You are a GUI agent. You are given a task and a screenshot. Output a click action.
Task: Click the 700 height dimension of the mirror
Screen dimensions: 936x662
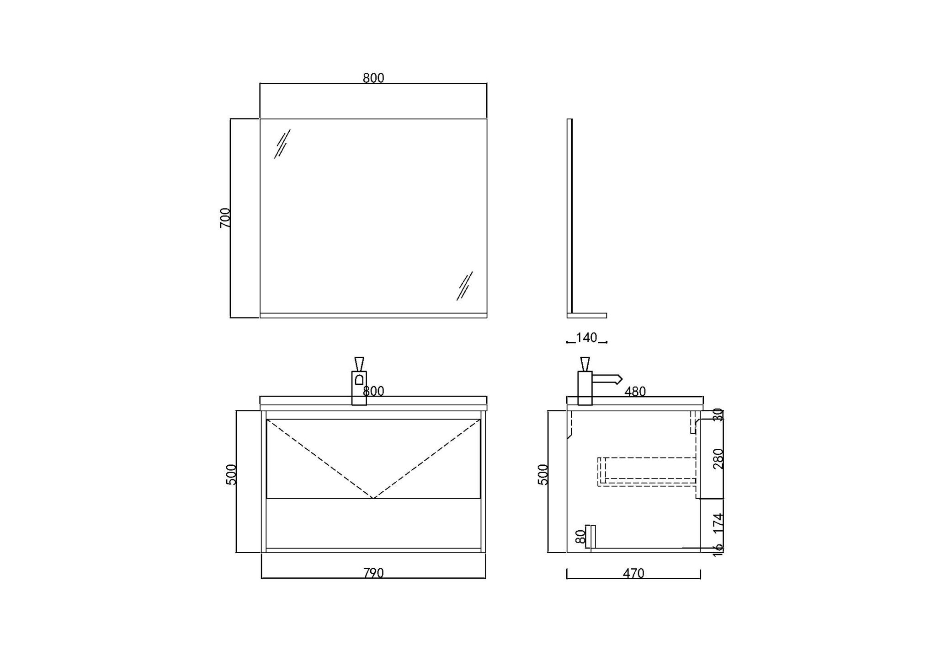[225, 218]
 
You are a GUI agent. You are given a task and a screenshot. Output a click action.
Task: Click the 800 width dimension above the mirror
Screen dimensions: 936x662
[373, 78]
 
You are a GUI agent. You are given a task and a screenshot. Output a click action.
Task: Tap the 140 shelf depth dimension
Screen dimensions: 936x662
[586, 338]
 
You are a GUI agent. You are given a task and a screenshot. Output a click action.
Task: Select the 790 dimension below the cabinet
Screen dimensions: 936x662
[373, 573]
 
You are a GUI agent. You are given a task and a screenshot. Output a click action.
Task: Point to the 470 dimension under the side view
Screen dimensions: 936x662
[633, 573]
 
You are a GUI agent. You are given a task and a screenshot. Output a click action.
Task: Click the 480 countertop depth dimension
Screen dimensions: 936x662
[635, 392]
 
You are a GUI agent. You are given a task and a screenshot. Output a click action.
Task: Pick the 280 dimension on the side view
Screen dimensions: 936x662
[718, 458]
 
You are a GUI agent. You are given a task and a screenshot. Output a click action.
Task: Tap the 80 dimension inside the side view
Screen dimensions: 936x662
[580, 536]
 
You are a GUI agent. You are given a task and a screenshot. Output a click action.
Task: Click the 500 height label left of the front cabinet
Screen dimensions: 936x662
[232, 474]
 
